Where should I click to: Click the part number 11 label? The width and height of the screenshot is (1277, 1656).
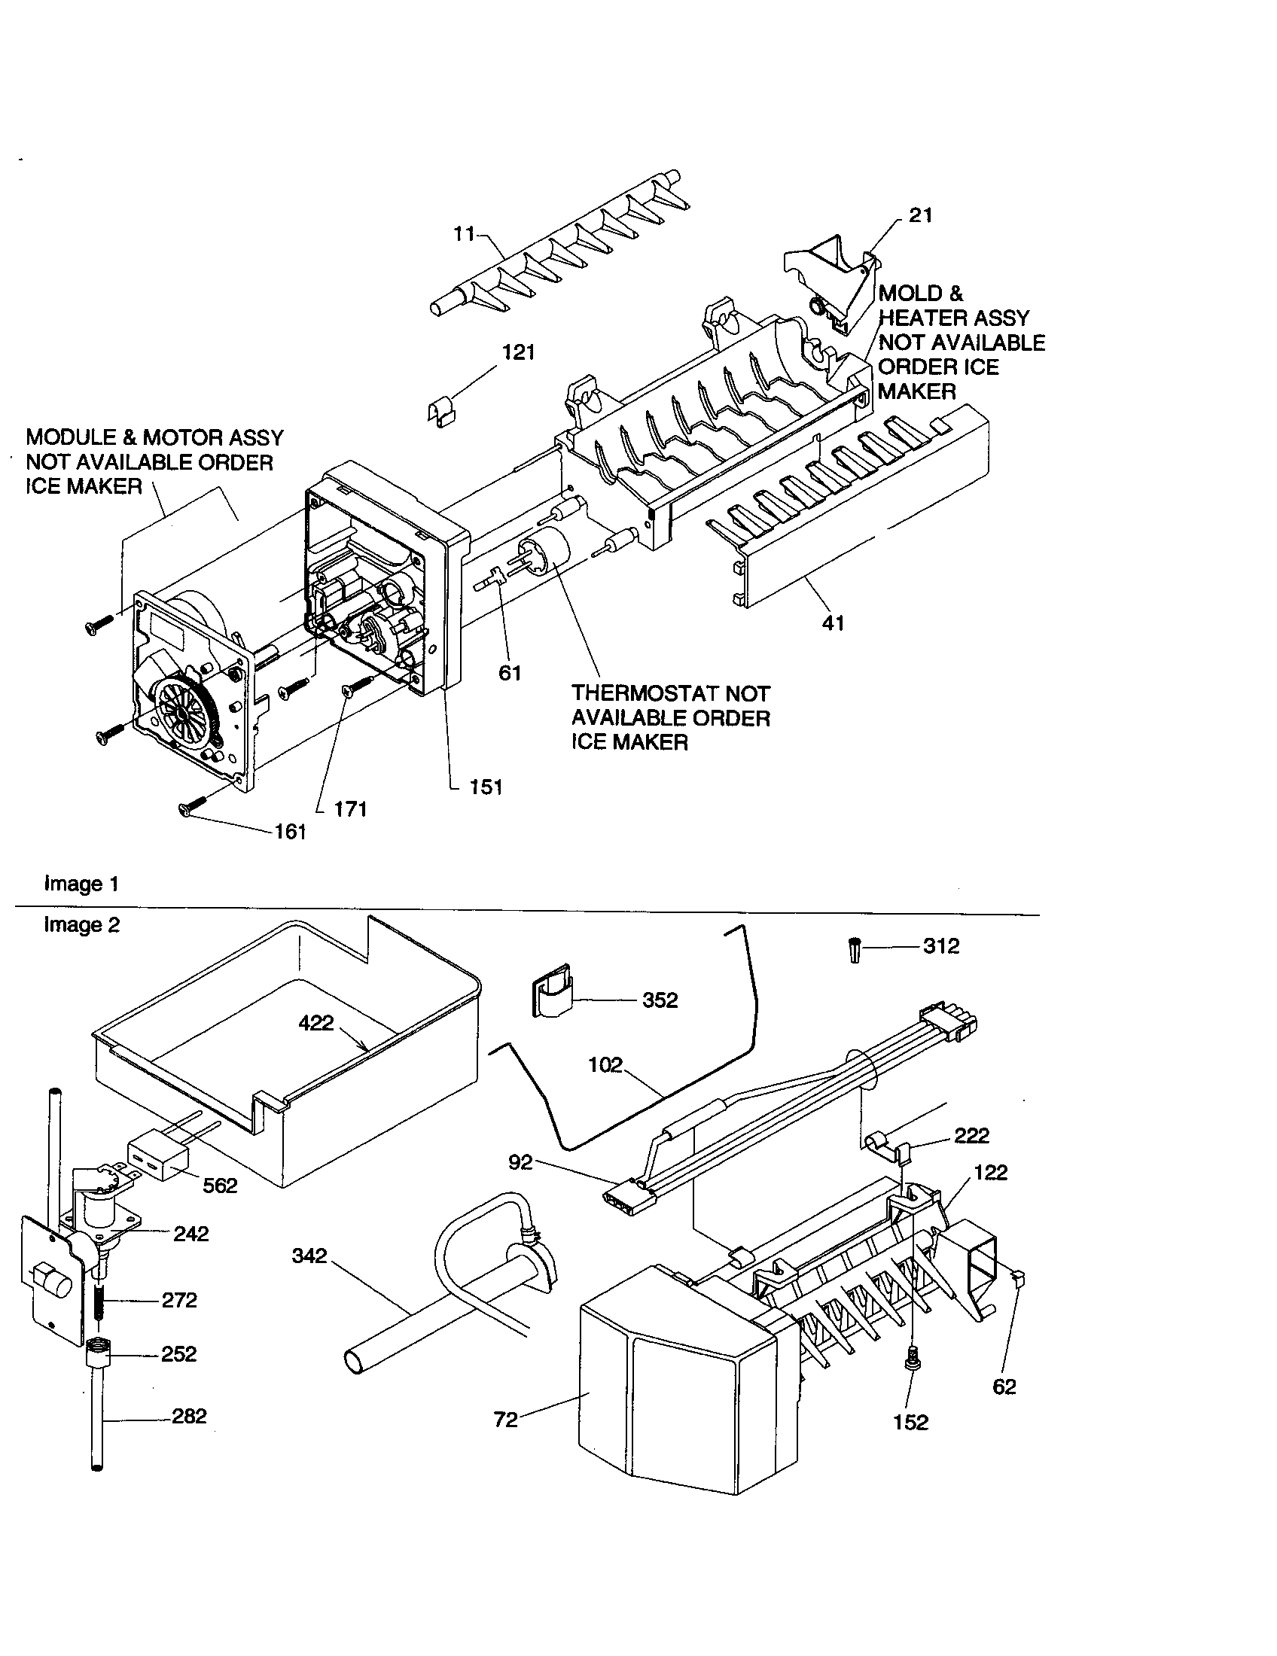[463, 234]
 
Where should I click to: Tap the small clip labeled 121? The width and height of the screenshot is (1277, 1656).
[439, 412]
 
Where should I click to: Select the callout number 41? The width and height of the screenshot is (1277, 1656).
[833, 623]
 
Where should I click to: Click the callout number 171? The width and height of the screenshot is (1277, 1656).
[350, 809]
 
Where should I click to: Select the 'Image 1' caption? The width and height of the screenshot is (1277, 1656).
[81, 884]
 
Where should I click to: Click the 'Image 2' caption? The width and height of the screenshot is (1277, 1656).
[81, 925]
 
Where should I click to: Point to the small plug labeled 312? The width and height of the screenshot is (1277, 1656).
[855, 949]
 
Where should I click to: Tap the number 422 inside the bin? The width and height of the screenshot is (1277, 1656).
[316, 1023]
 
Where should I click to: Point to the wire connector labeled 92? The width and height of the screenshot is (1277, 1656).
[627, 1197]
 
